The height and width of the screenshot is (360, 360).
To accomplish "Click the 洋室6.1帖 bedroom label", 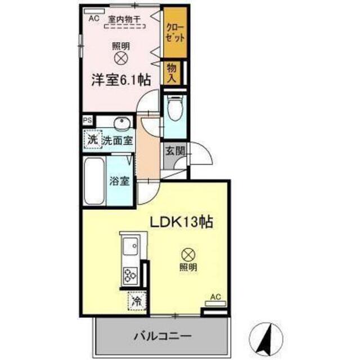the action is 121,80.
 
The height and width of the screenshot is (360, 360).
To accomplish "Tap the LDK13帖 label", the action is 181,222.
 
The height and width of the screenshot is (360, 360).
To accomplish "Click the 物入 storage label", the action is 172,73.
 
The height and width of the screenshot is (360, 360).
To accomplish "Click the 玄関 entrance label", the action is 175,151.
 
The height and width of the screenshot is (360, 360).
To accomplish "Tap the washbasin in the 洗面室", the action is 121,121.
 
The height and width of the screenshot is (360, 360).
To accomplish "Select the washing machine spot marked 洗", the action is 93,139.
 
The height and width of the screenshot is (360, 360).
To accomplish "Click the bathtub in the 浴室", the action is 94,181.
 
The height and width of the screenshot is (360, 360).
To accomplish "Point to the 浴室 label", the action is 119,181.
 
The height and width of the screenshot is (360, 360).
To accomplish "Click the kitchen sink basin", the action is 130,246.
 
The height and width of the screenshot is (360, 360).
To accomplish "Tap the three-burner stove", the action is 130,276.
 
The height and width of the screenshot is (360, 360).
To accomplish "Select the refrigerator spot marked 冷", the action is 137,301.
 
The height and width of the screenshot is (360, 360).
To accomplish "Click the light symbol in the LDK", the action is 188,255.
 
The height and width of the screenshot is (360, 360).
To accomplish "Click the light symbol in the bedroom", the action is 121,57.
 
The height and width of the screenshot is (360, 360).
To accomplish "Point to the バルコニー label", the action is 163,336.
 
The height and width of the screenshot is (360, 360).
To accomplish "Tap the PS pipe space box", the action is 88,120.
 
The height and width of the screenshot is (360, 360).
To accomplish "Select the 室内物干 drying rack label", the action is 124,19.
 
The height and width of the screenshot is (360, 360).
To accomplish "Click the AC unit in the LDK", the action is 215,304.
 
